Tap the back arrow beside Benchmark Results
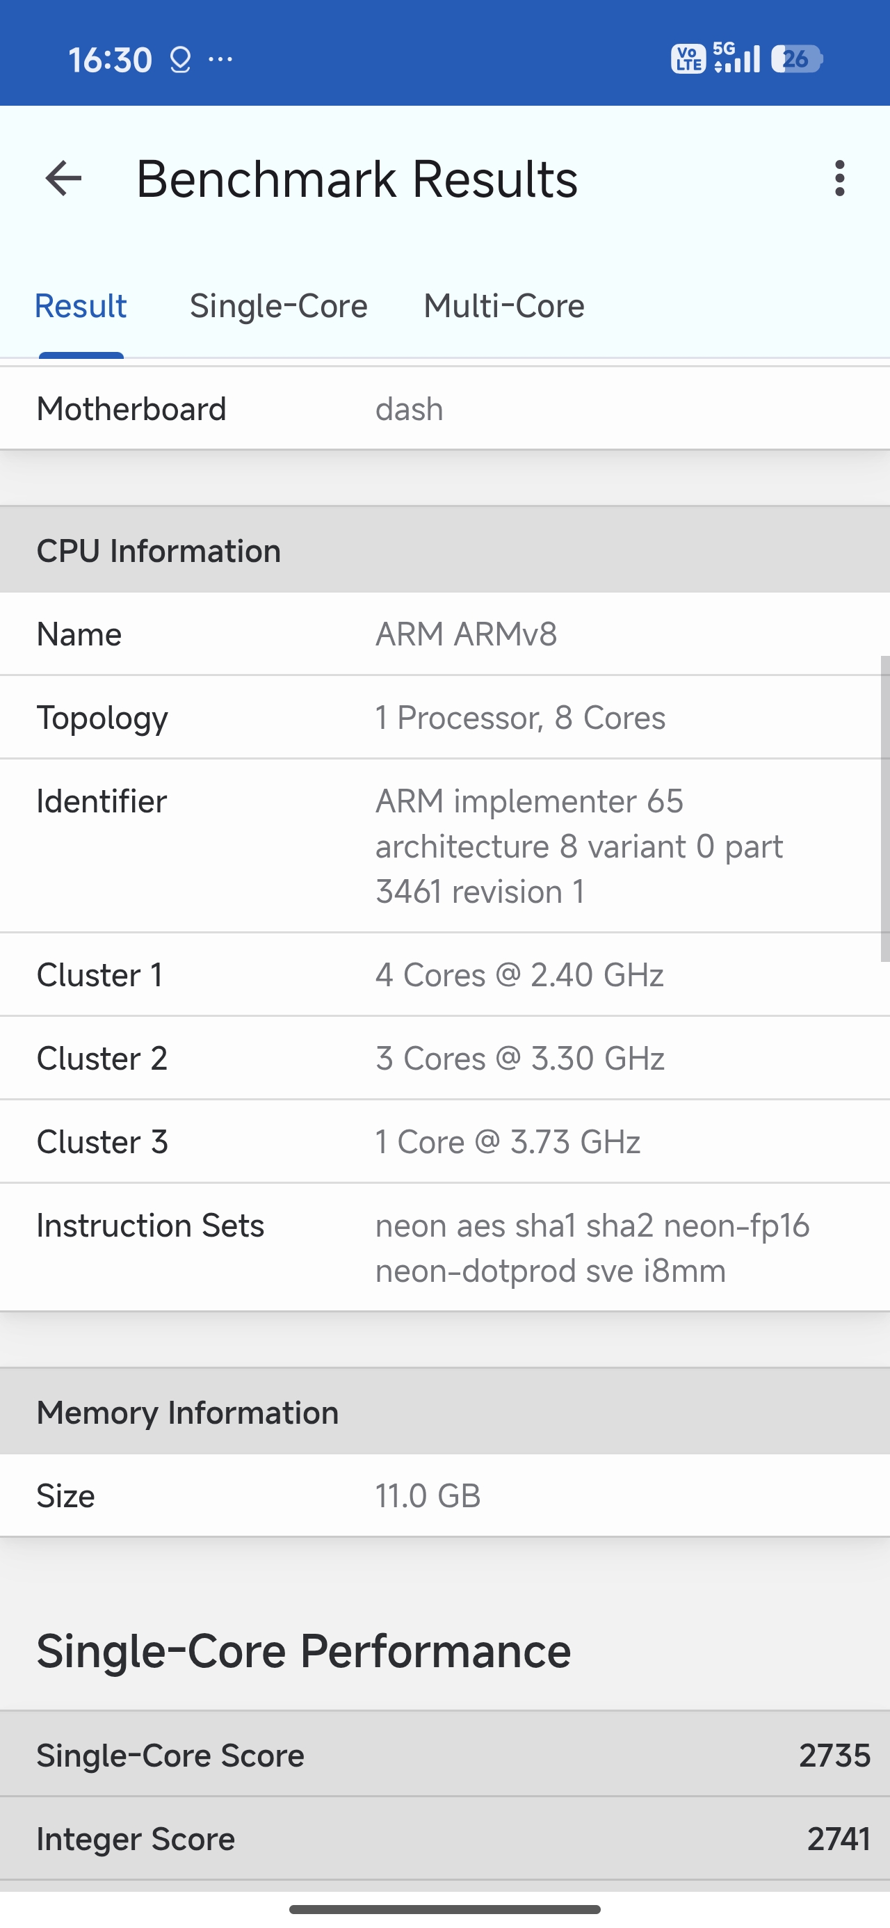(x=64, y=179)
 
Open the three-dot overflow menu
(x=839, y=179)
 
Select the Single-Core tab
(x=278, y=306)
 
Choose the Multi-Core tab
(x=504, y=306)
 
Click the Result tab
(x=81, y=306)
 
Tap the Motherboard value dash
(x=410, y=410)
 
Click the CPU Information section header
(x=159, y=551)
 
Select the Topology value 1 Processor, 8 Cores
(x=520, y=718)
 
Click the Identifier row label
(x=102, y=801)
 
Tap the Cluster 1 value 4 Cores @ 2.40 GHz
(x=519, y=975)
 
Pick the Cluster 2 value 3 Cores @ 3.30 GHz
(x=520, y=1059)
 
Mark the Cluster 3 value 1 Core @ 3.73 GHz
(x=508, y=1142)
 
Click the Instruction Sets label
(x=150, y=1226)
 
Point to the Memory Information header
(x=188, y=1413)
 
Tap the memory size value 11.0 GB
(x=428, y=1496)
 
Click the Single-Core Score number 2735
(x=834, y=1756)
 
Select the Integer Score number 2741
(x=839, y=1839)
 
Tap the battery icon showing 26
(x=796, y=59)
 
